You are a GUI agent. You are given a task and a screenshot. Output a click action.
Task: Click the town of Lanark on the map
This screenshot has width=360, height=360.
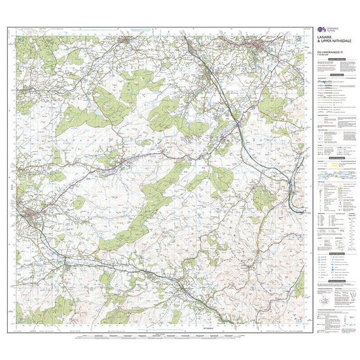262,45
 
